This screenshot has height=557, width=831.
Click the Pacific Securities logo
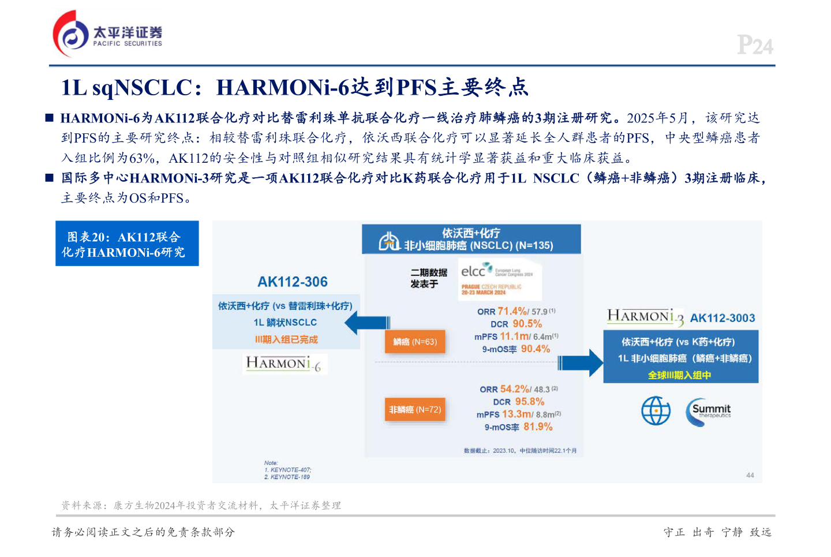coord(107,34)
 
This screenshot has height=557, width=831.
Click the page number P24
coord(755,45)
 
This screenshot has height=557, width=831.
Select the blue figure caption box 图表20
coord(127,244)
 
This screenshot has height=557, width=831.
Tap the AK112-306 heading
coord(293,282)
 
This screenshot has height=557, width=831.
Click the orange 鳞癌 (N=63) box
coord(415,342)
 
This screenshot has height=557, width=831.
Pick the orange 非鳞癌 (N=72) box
coord(415,410)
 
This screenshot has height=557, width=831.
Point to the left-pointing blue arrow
coord(367,323)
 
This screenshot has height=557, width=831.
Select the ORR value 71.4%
coord(512,311)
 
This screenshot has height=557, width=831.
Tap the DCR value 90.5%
coord(527,324)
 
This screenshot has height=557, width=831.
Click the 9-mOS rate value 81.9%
coord(538,427)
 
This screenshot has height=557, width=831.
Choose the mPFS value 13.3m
coord(516,414)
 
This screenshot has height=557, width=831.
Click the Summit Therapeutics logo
coord(708,412)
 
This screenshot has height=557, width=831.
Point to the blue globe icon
coord(656,411)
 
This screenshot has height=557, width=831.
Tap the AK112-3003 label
coord(723,318)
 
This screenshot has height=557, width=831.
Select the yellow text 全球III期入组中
coord(679,375)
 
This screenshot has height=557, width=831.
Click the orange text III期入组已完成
coord(286,339)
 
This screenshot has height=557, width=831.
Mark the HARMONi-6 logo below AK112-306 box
coord(284,364)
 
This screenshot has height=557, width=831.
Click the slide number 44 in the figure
coord(750,475)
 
